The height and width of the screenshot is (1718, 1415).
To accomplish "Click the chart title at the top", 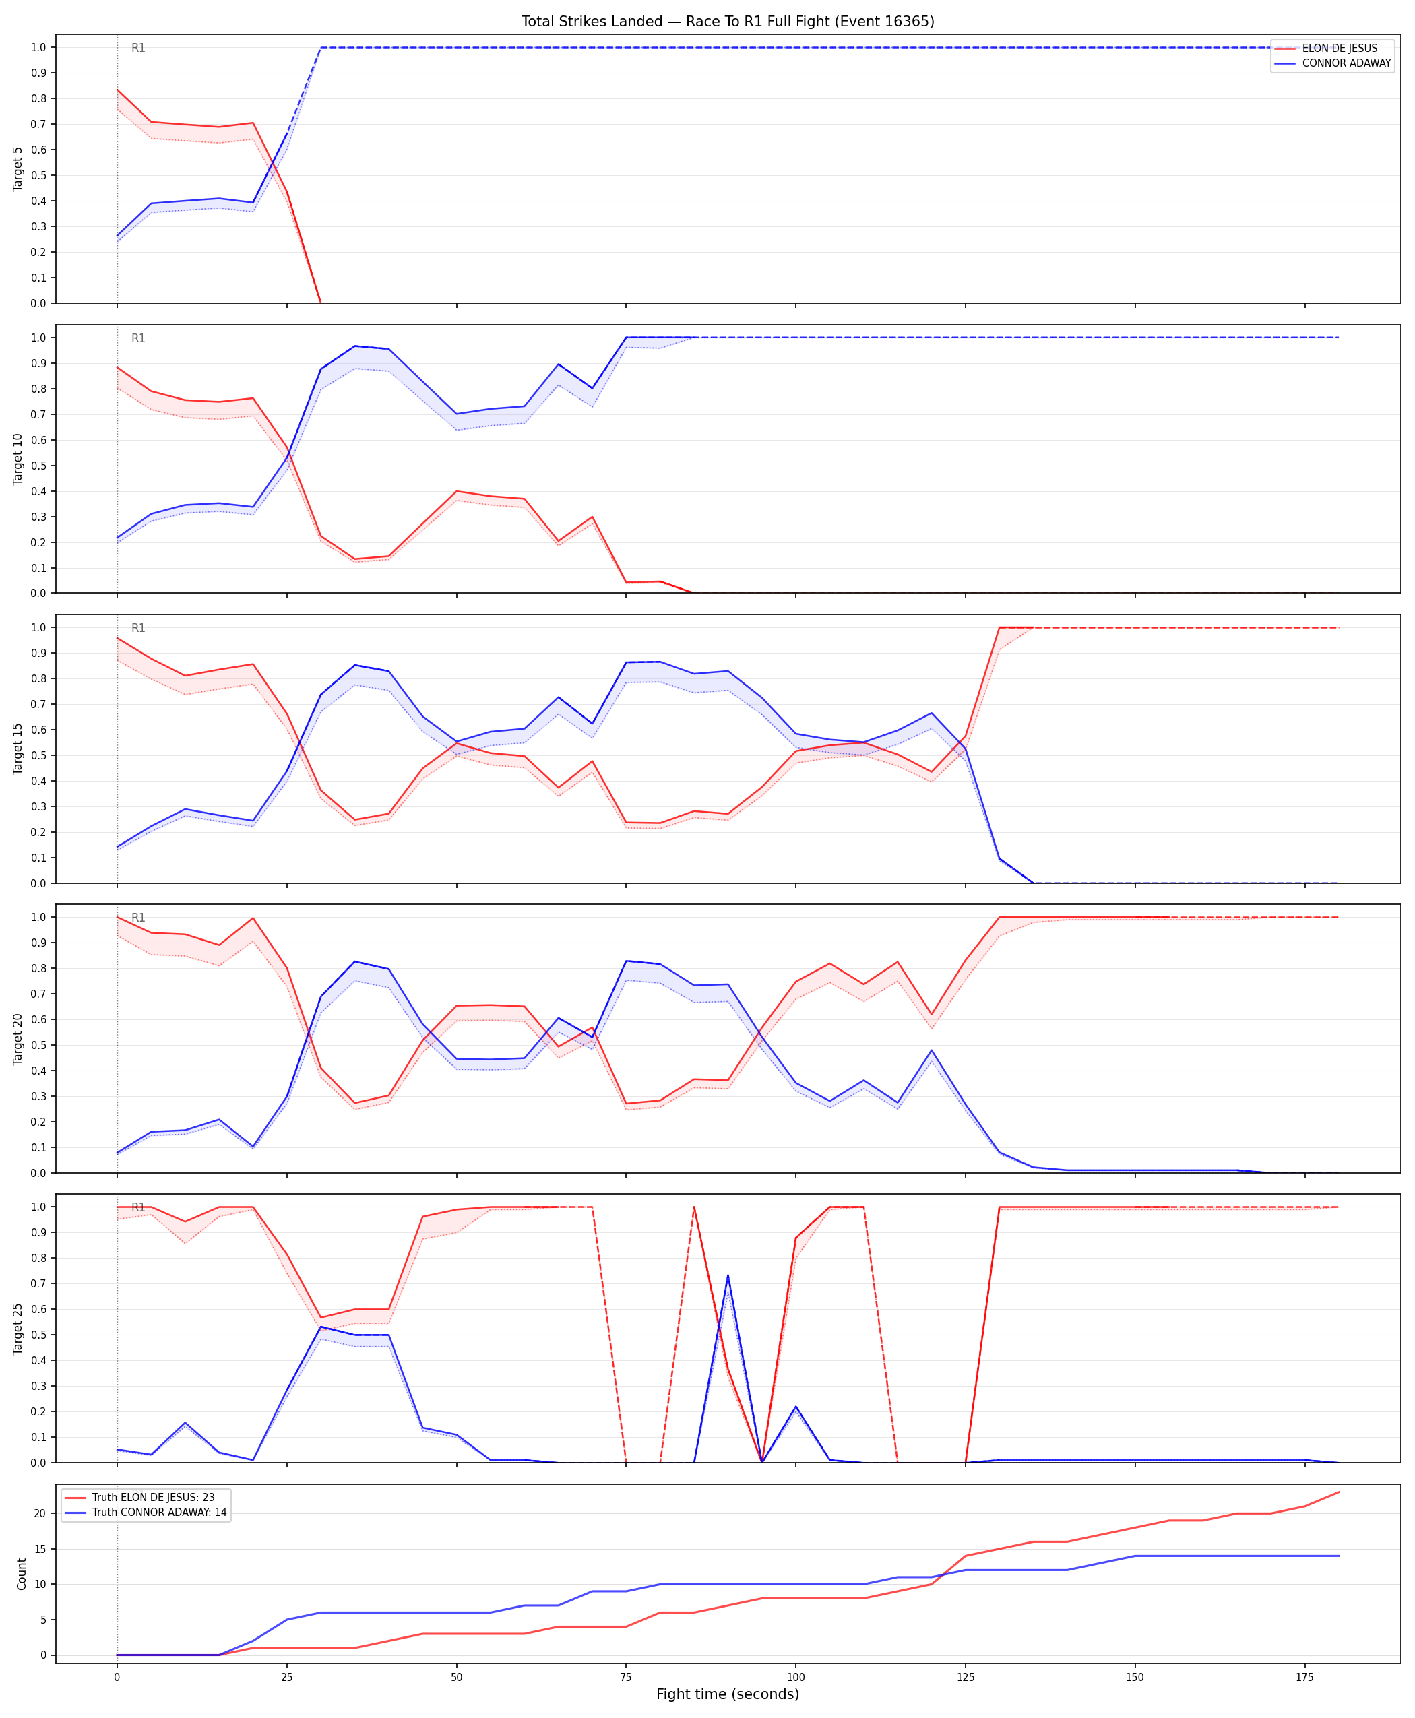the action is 728,21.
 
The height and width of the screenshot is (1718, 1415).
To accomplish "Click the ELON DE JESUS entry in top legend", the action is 1340,48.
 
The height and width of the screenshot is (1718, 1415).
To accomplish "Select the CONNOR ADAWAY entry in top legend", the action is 1346,63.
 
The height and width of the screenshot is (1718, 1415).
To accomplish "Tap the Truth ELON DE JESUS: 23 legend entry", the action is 153,1497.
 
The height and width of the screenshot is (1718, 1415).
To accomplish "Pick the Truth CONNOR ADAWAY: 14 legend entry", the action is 159,1512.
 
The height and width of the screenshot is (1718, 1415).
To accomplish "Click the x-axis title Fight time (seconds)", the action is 728,1694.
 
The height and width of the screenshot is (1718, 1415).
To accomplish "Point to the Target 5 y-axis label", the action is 18,168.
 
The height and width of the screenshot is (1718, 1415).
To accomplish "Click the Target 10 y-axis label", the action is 18,459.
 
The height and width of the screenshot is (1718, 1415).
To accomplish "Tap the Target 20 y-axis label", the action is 18,1039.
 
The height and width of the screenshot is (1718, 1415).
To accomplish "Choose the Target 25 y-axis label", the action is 18,1329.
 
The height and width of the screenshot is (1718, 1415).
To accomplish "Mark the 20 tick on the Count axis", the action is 40,1513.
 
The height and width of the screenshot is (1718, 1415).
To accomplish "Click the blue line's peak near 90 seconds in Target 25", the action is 728,1275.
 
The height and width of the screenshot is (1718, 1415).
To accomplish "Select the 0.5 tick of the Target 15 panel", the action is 38,755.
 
